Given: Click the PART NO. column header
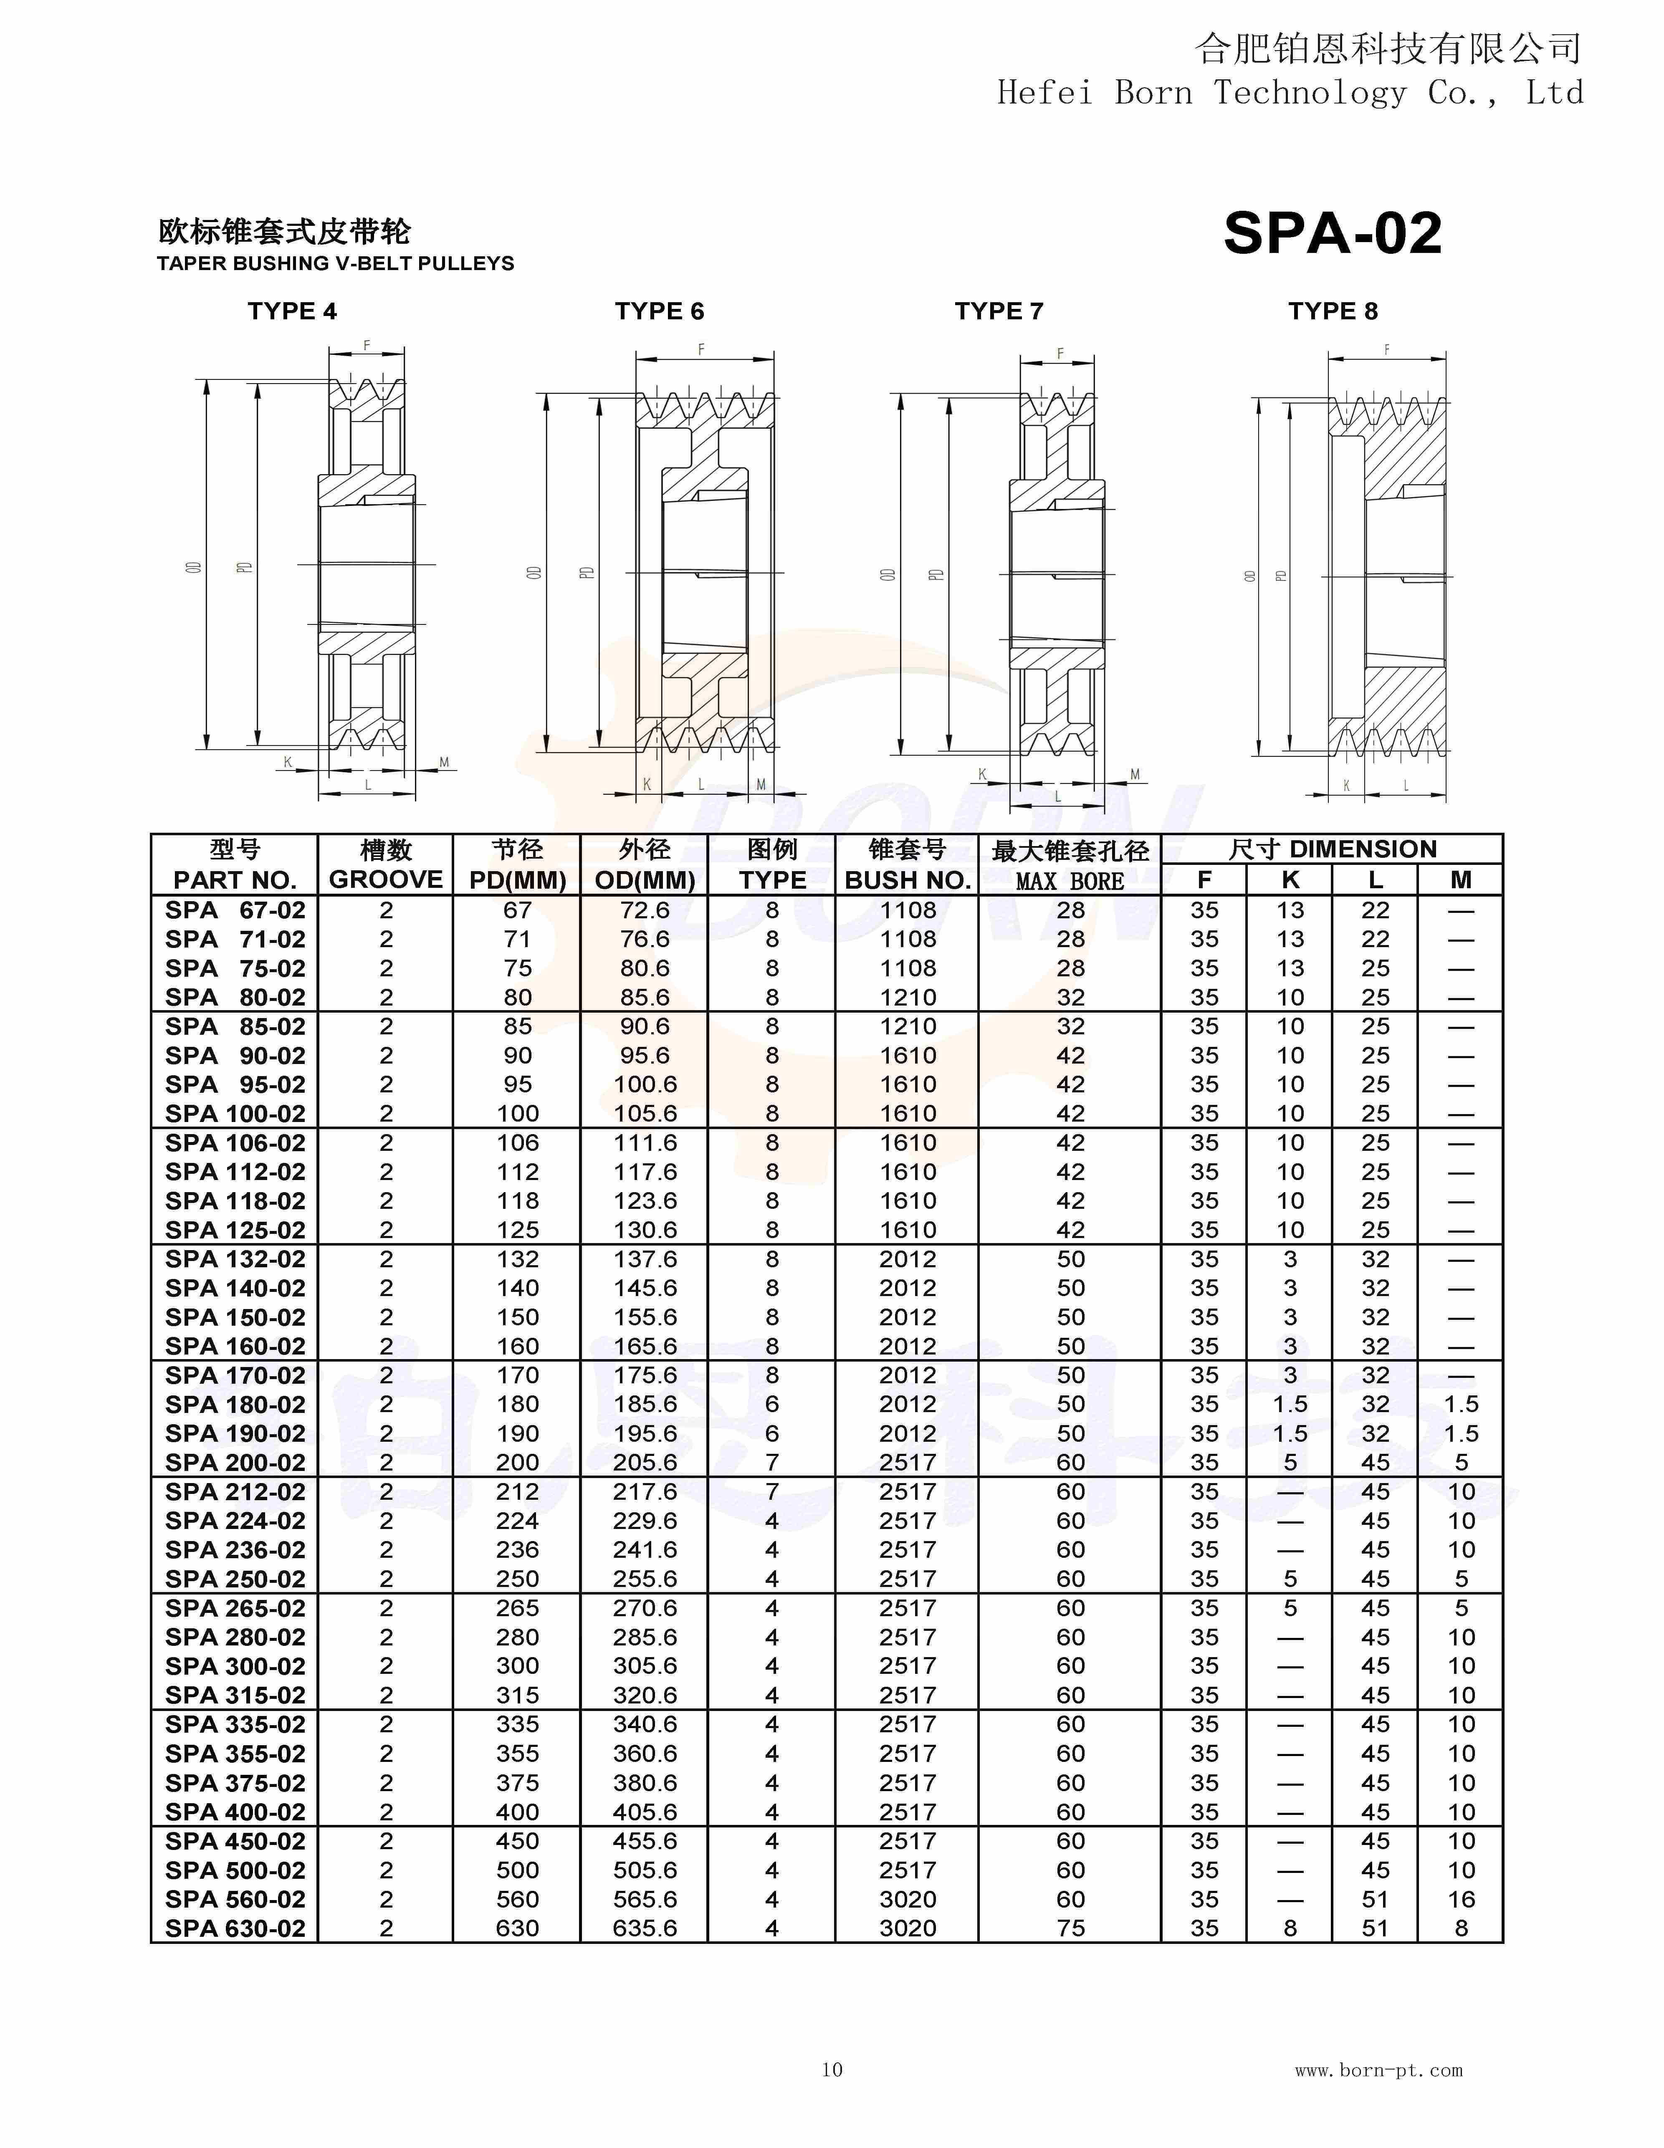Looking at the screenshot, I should pyautogui.click(x=235, y=880).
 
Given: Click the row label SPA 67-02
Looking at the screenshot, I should pyautogui.click(x=235, y=911).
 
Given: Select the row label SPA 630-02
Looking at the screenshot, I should pyautogui.click(x=235, y=1929).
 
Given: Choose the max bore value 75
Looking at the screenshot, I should pyautogui.click(x=1070, y=1929).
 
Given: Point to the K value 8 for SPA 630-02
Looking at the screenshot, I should pyautogui.click(x=1290, y=1929).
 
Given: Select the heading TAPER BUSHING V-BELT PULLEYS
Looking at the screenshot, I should pyautogui.click(x=335, y=263).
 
